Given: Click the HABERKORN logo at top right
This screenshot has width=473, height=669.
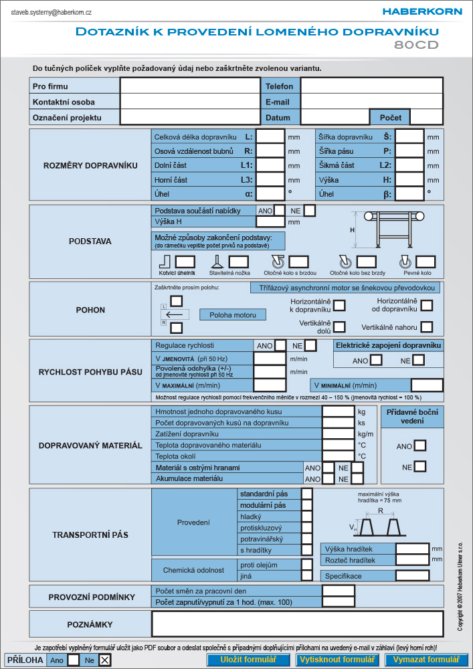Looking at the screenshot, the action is [421, 11].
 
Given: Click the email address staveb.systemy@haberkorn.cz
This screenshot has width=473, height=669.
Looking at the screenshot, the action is [52, 12].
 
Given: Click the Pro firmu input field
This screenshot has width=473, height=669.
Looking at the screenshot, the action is [190, 86].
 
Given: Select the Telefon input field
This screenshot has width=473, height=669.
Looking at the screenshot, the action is [372, 86].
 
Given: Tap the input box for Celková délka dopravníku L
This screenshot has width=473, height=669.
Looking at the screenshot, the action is [270, 137].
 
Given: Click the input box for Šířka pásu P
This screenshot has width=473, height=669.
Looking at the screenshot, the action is [409, 151].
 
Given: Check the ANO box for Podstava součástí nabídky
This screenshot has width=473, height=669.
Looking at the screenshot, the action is [280, 210].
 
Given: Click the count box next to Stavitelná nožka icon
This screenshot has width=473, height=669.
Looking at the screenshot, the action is [238, 262].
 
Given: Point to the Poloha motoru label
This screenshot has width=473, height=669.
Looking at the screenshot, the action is [233, 315].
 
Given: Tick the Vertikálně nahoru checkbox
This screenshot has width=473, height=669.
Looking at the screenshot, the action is [427, 327].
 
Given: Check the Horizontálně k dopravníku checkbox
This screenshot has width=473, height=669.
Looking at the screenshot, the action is [339, 305].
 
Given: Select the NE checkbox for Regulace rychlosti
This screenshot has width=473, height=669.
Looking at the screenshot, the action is [310, 345].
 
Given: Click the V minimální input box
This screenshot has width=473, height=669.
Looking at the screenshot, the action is [427, 385].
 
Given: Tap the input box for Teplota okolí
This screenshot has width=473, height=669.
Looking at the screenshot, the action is [339, 456].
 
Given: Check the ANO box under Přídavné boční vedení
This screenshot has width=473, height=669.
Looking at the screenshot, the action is [420, 446].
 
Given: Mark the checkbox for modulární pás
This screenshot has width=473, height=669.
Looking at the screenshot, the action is [306, 505].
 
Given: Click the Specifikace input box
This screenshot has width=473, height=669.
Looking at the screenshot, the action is [412, 575].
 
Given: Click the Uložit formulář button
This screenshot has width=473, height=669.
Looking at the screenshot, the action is [248, 659].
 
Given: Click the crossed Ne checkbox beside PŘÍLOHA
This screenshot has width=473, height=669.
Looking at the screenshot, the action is [104, 660].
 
